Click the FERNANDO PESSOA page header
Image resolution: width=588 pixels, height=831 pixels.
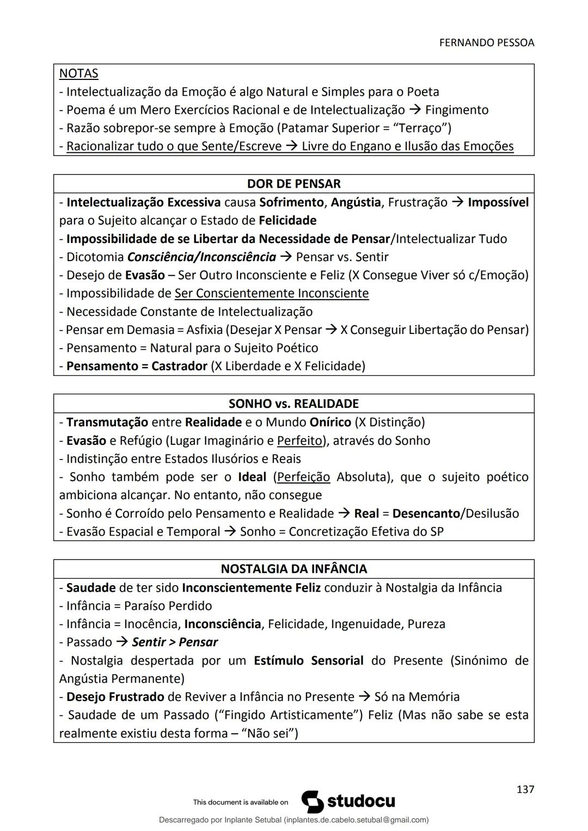point(486,42)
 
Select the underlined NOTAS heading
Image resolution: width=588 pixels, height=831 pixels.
point(78,73)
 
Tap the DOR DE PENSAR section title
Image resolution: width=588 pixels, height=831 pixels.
point(293,184)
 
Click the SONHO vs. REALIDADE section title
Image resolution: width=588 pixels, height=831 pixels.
point(293,404)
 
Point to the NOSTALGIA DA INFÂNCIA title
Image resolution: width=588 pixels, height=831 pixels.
point(293,569)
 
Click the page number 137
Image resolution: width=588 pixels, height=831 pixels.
point(525,789)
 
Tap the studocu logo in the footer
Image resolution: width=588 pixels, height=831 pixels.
point(348,802)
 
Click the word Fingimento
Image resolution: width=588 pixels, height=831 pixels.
point(457,110)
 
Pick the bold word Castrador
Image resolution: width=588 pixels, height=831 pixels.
point(179,366)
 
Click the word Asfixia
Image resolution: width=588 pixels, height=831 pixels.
point(204,330)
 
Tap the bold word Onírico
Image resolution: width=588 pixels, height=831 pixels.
point(330,422)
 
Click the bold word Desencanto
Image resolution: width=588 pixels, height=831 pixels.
point(426,513)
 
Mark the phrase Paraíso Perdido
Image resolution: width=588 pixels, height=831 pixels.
point(168,606)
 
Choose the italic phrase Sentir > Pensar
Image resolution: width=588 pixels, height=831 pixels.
point(175,642)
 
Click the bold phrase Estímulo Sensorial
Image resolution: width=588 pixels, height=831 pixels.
point(308,661)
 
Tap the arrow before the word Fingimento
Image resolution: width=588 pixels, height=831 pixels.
point(415,110)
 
